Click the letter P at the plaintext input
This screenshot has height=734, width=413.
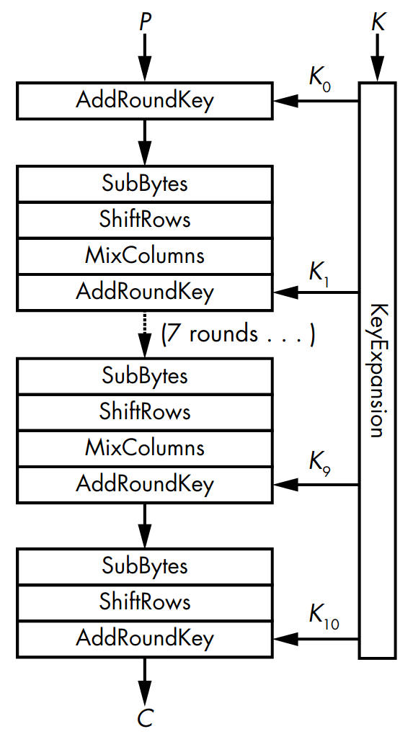145,22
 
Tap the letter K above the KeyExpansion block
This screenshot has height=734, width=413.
378,22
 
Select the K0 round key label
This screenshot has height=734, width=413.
319,79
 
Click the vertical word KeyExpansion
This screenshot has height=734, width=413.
377,370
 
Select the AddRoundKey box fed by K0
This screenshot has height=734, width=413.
145,101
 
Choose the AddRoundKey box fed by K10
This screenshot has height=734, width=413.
145,638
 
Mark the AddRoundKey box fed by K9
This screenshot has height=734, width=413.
145,484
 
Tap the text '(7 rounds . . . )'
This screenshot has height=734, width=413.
238,334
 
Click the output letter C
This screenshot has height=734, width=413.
145,717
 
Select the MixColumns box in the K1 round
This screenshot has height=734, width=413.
145,256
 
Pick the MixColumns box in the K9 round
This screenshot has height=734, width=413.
145,448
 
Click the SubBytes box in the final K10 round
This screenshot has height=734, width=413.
145,565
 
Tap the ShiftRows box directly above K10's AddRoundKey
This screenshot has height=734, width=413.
145,601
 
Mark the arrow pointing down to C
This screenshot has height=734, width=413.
145,678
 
